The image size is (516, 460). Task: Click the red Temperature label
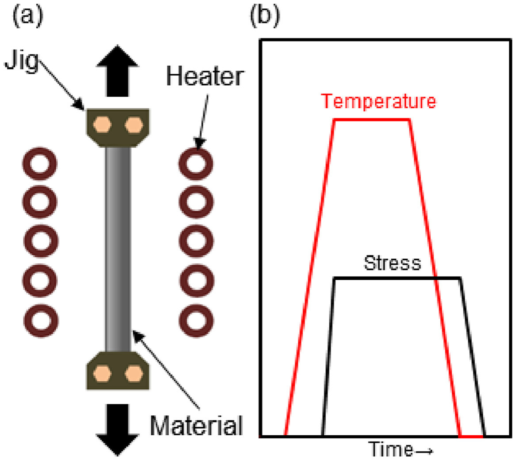pyautogui.click(x=378, y=102)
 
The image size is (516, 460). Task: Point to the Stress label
pyautogui.click(x=392, y=263)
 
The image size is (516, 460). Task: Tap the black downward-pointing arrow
pyautogui.click(x=118, y=429)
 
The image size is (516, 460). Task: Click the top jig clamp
pyautogui.click(x=118, y=128)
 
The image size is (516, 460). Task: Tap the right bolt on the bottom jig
pyautogui.click(x=132, y=373)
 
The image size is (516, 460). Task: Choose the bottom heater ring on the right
pyautogui.click(x=196, y=319)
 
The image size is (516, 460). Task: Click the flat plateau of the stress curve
pyautogui.click(x=397, y=278)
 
